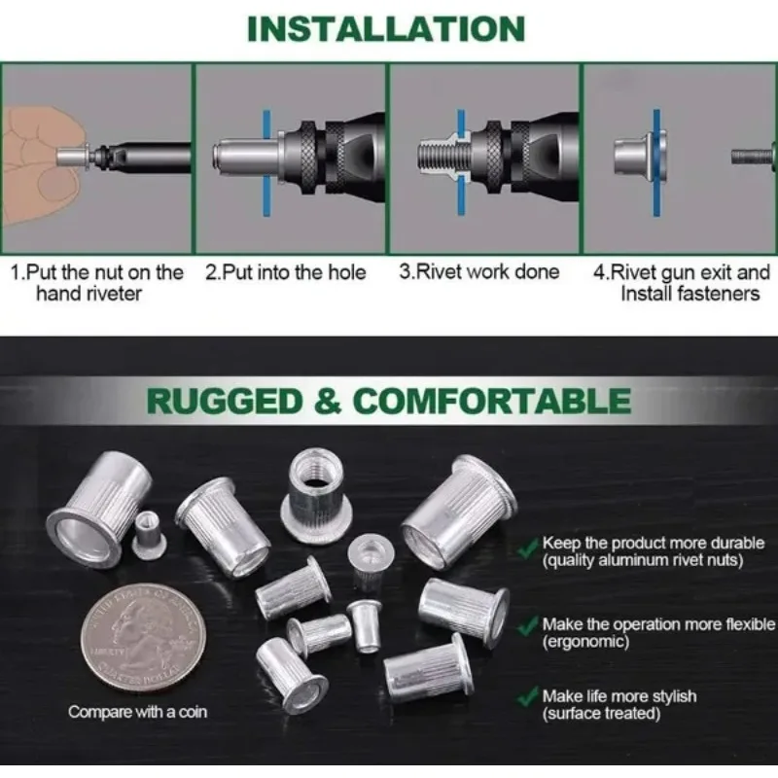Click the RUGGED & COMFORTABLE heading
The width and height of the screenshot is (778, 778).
(x=388, y=400)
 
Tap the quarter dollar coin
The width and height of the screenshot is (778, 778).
(x=138, y=637)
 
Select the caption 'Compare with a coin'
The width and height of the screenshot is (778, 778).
(x=137, y=712)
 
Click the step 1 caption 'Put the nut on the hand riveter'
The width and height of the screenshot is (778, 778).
(x=96, y=282)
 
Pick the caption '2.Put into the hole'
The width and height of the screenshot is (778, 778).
(x=286, y=272)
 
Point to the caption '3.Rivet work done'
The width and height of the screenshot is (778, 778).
(x=479, y=272)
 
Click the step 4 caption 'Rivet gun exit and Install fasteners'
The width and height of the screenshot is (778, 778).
(x=681, y=282)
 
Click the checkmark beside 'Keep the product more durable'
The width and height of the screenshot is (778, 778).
(x=527, y=550)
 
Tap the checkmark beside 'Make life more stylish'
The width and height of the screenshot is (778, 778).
(x=527, y=696)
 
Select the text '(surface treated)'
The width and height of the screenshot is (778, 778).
(x=601, y=715)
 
